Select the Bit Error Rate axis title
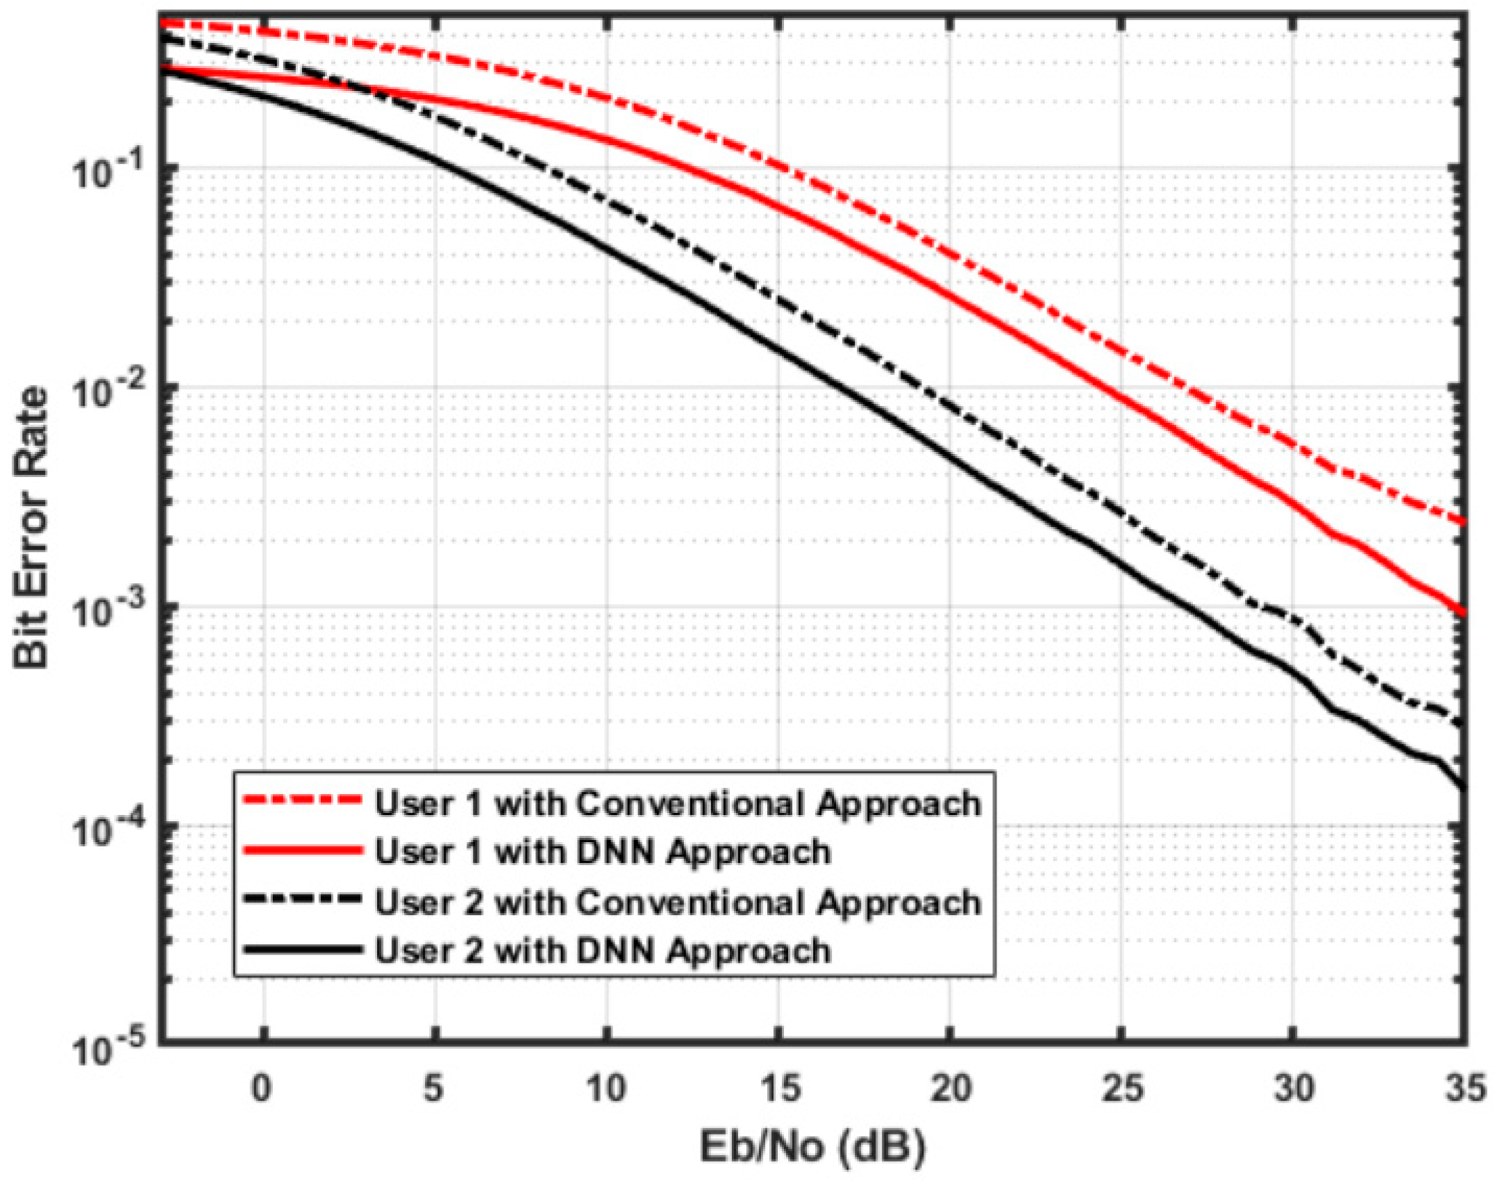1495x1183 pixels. pyautogui.click(x=31, y=528)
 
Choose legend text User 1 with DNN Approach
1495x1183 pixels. pyautogui.click(x=603, y=852)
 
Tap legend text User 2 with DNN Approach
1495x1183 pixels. pyautogui.click(x=603, y=950)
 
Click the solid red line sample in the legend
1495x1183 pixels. pyautogui.click(x=303, y=850)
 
